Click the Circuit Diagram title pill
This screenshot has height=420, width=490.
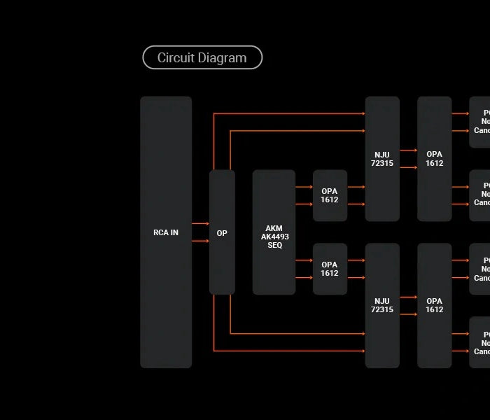tap(202, 58)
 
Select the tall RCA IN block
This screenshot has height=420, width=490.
tap(166, 232)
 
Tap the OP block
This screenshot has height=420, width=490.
tap(222, 232)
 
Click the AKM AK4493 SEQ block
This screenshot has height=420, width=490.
tap(274, 232)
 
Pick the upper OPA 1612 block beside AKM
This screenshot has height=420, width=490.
tap(330, 195)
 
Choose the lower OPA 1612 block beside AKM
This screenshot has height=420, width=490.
tap(330, 269)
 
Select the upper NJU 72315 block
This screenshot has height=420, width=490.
tap(382, 159)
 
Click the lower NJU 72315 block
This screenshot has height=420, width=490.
tap(382, 305)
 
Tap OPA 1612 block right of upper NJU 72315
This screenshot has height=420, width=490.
tap(435, 159)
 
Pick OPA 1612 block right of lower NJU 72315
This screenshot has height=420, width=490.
tap(435, 305)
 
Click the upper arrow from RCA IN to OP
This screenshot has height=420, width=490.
tap(200, 223)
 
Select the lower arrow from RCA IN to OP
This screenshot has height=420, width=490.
tap(200, 241)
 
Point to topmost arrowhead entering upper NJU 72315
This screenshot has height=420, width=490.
tap(363, 113)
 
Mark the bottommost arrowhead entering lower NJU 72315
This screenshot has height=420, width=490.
tap(363, 351)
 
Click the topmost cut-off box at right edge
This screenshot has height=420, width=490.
tap(479, 122)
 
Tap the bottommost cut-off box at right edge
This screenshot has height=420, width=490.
tap(479, 342)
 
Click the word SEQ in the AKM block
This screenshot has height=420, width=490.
tap(274, 246)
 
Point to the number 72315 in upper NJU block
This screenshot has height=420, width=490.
tap(382, 164)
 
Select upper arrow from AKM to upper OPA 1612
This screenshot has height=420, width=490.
tap(304, 187)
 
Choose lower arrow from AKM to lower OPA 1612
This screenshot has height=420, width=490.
tap(304, 278)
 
